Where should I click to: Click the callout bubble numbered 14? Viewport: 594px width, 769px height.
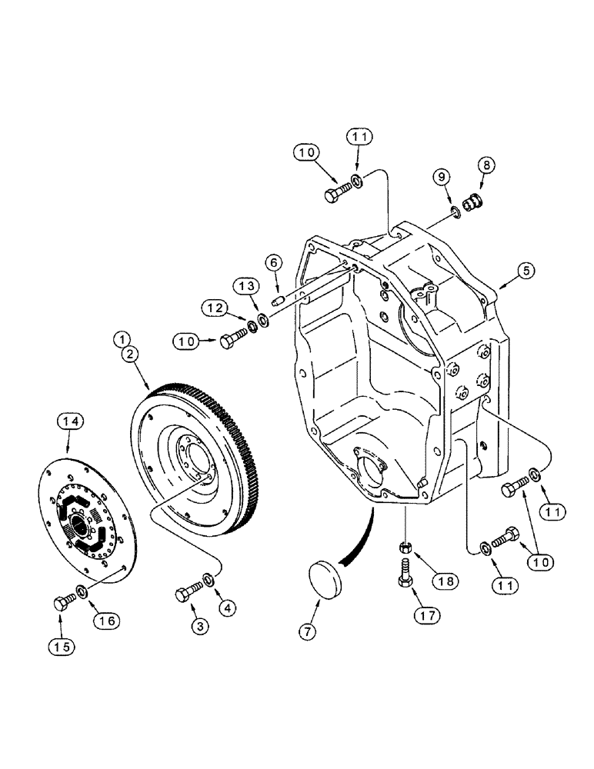pyautogui.click(x=71, y=421)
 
